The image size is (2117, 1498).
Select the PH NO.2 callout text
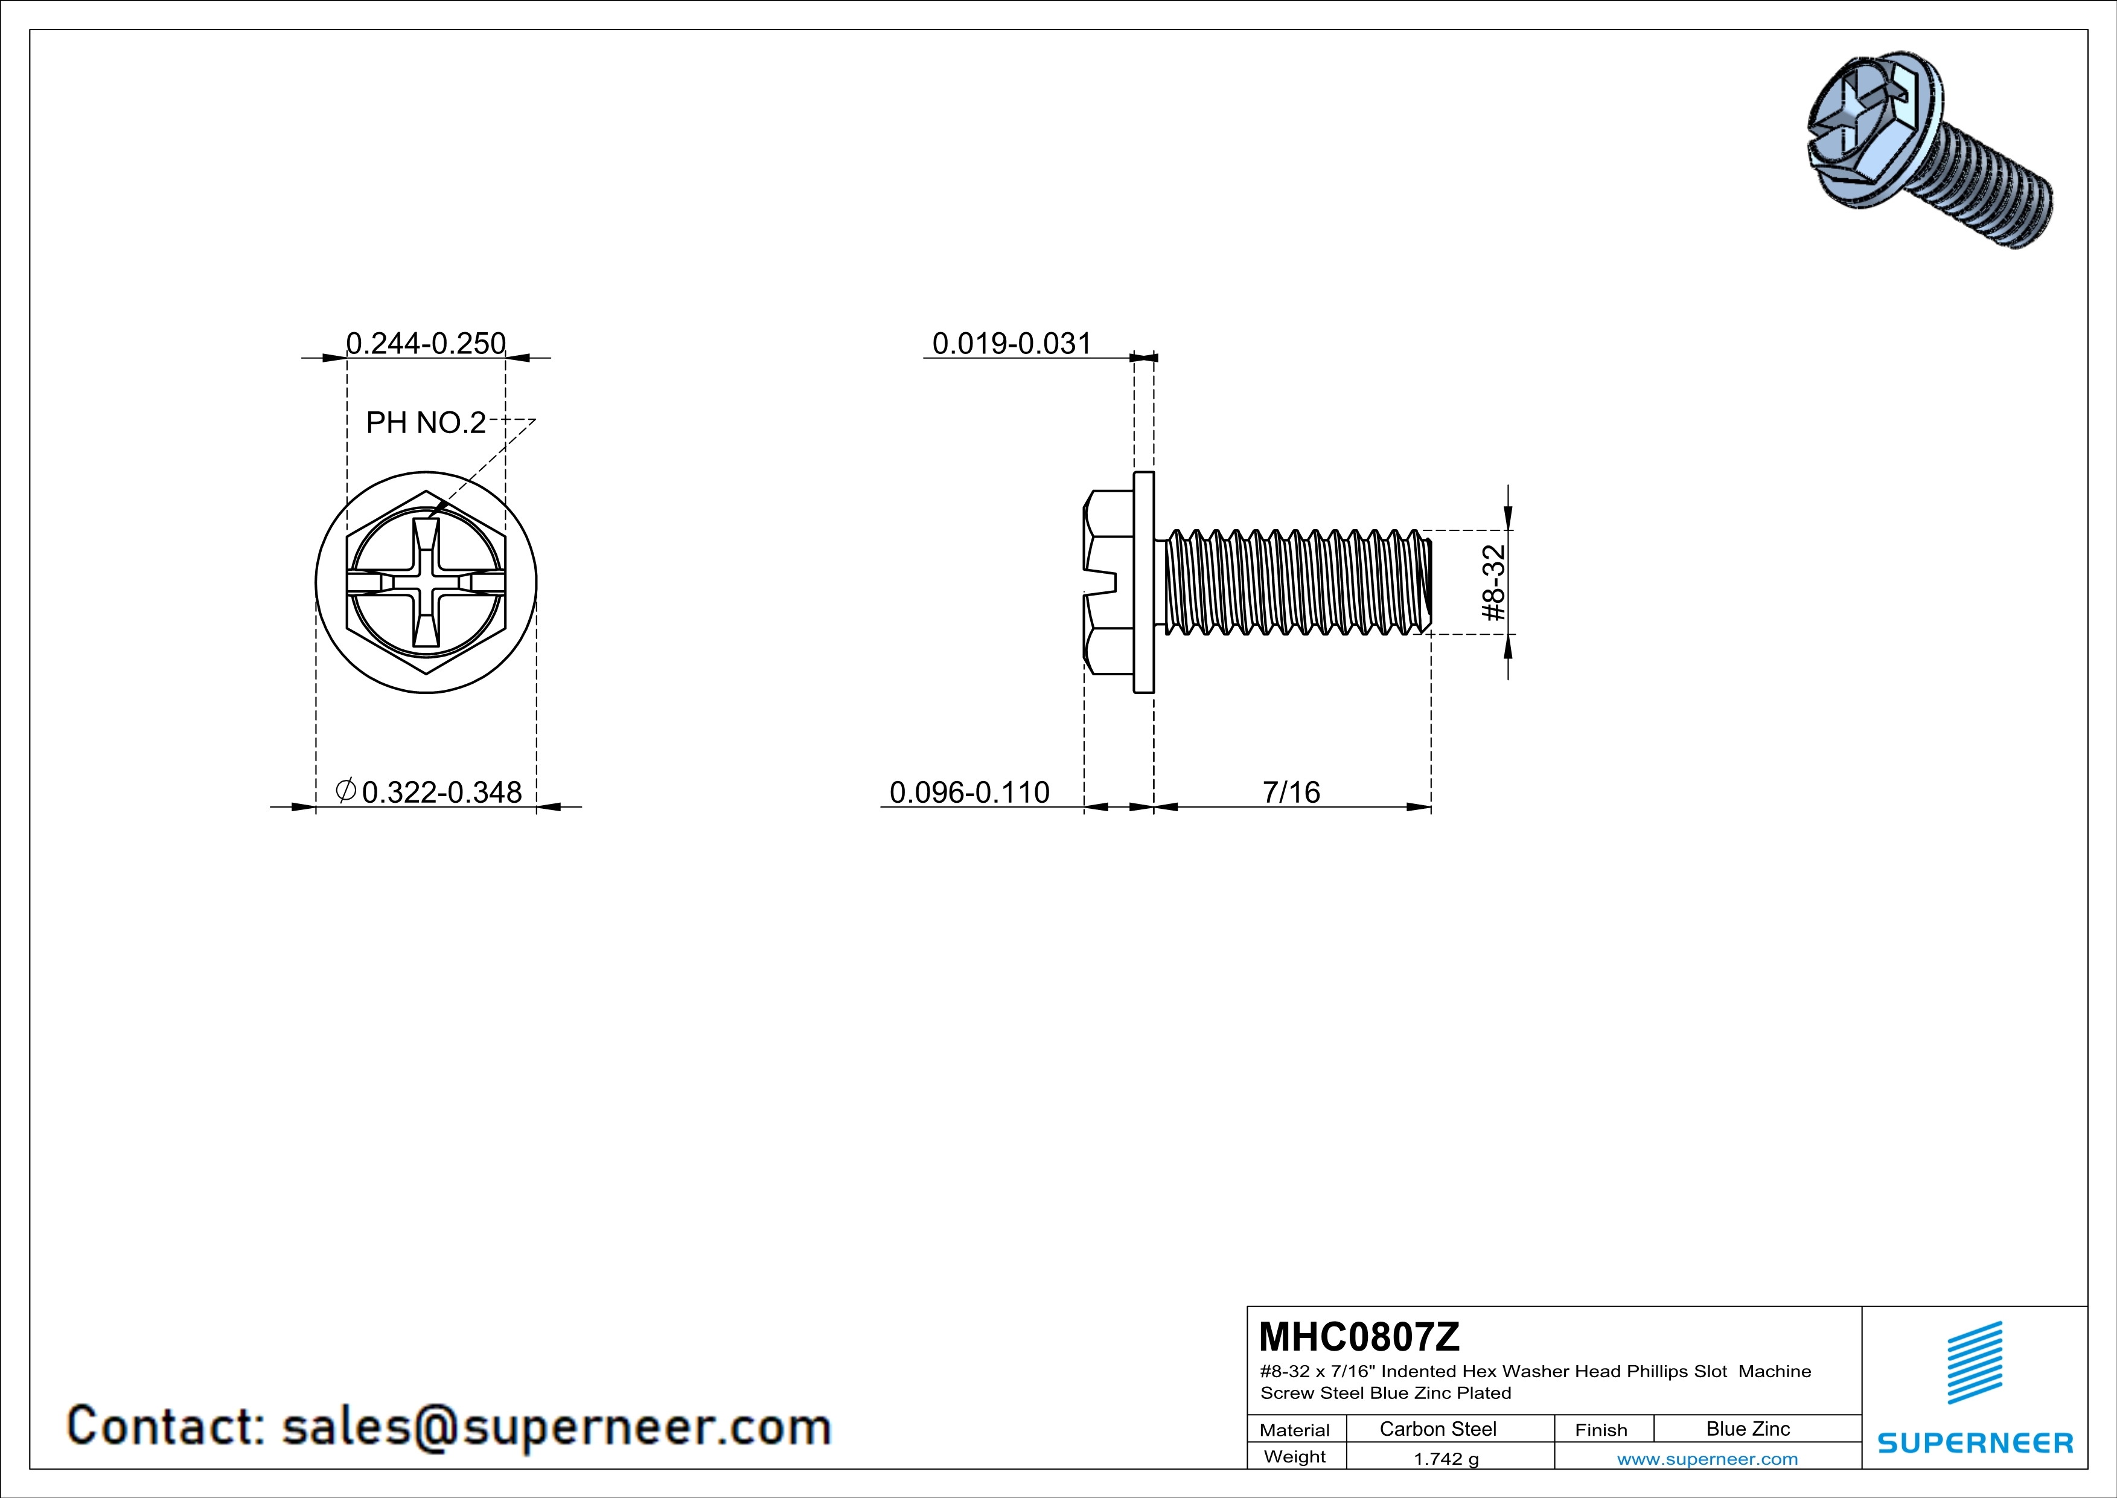(x=426, y=422)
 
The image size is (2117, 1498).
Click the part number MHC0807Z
(x=1359, y=1337)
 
